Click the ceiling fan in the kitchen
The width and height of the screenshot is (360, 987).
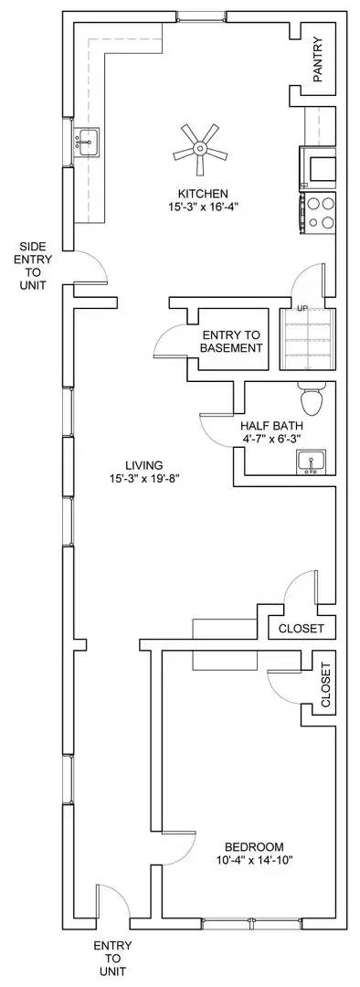point(199,147)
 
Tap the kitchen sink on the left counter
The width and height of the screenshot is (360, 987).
point(89,142)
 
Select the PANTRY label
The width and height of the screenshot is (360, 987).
point(317,60)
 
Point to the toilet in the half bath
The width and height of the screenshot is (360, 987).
point(311,399)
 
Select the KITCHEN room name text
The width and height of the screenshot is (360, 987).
point(203,194)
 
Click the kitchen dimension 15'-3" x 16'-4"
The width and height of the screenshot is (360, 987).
point(203,207)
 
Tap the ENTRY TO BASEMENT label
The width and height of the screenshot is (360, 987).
point(232,341)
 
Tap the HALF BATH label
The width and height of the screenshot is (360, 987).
point(271,426)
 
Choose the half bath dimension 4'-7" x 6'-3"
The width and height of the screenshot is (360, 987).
point(271,440)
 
